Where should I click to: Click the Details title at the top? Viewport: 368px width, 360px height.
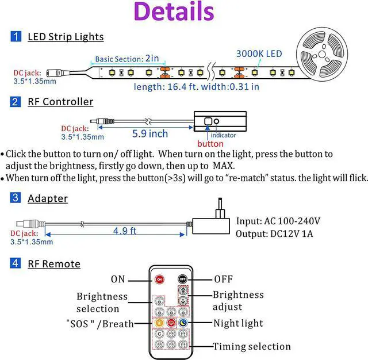click(173, 13)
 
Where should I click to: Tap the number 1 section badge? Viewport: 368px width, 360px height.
click(16, 37)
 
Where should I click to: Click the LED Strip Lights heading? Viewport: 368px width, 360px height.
click(66, 37)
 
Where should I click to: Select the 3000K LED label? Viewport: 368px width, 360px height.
click(259, 53)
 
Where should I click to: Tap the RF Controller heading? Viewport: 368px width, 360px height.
click(60, 102)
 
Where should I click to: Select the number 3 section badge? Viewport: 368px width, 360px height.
click(16, 198)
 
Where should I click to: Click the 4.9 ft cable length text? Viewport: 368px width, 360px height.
click(124, 231)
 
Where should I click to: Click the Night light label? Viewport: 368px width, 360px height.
click(239, 323)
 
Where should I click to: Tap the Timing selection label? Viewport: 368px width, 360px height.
click(252, 346)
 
